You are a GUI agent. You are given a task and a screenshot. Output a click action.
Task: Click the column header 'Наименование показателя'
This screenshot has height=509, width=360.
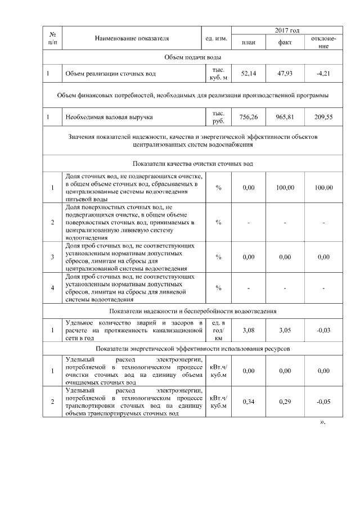point(132,38)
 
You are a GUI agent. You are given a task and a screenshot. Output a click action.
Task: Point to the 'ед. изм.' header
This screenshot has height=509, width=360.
point(217,38)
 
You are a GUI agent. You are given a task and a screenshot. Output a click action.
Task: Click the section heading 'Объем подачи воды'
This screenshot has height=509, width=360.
point(192,58)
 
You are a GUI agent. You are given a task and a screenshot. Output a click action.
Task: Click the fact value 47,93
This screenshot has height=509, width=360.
point(285,74)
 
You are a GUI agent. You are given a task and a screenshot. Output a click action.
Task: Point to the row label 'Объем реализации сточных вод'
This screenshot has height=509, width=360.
point(110,74)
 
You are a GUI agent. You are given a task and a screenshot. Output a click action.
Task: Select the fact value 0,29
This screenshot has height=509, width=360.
point(285,402)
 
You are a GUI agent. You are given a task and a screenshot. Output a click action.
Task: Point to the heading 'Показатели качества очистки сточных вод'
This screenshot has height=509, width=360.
point(192,164)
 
